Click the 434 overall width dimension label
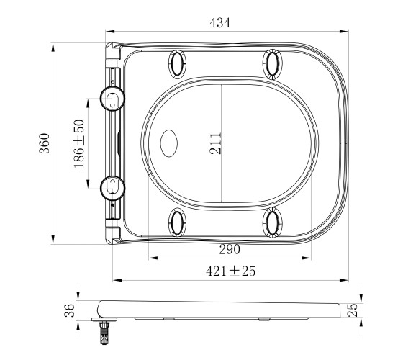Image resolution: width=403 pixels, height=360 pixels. tap(220, 22)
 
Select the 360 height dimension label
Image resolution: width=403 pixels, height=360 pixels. tap(44, 143)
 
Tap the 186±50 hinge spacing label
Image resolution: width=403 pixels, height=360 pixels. tap(79, 143)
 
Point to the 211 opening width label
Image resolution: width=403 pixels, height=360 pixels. tap(215, 143)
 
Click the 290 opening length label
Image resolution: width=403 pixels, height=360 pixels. tap(230, 249)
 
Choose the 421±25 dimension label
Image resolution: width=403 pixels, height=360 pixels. tap(230, 271)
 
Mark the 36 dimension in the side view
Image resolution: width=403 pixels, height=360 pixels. tap(69, 310)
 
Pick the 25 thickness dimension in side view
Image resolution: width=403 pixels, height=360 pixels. tap(352, 310)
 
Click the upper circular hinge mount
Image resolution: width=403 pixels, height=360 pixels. tap(112, 99)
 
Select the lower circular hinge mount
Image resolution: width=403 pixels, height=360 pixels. tap(112, 188)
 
